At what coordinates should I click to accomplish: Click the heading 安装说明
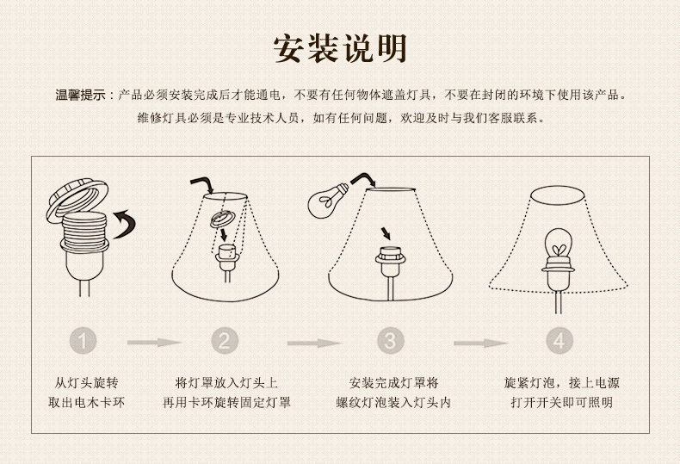pos(341,48)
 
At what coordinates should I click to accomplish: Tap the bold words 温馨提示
pos(81,95)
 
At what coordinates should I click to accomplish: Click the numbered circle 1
pos(83,341)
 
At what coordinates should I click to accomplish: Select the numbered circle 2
pos(225,341)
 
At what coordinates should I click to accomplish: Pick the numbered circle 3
pos(390,341)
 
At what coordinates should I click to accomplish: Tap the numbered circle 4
pos(559,341)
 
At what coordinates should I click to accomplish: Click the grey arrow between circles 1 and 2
pos(154,343)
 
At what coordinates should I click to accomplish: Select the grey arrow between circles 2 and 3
pos(314,343)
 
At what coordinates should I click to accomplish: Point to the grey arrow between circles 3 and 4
pos(480,343)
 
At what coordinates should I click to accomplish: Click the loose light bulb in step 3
pos(327,200)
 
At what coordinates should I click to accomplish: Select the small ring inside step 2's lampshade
pos(222,219)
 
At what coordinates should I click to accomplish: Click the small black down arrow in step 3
pos(385,233)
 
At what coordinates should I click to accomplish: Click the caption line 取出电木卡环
pos(86,402)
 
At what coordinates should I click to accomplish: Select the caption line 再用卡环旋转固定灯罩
pos(226,402)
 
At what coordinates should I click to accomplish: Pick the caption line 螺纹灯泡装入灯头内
pos(393,402)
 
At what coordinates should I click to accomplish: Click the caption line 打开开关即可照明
pos(561,402)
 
